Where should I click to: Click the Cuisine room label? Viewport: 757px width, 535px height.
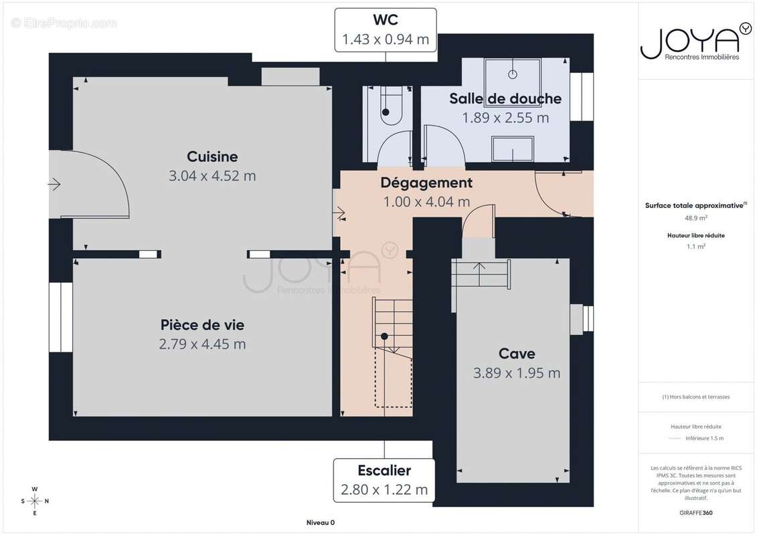point(212,156)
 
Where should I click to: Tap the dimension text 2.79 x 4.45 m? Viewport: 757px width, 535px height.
point(202,344)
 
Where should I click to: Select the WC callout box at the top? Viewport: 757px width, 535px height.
point(386,30)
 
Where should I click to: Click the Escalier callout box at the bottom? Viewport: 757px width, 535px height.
point(384,480)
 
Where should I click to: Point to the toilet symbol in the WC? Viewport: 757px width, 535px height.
point(388,110)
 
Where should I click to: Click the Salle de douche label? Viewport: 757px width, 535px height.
point(505,99)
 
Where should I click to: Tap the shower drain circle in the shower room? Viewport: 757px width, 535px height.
point(514,74)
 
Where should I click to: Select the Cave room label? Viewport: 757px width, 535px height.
point(517,354)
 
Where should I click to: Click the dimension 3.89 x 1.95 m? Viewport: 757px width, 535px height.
point(517,373)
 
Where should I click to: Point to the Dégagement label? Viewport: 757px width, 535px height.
point(426,183)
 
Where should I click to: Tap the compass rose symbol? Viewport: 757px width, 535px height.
point(35,500)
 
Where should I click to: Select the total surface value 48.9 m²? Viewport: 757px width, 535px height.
point(696,217)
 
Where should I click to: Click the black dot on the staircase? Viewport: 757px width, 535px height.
point(384,336)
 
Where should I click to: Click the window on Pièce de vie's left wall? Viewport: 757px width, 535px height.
point(60,316)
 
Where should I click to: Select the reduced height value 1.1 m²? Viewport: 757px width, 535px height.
point(696,246)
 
